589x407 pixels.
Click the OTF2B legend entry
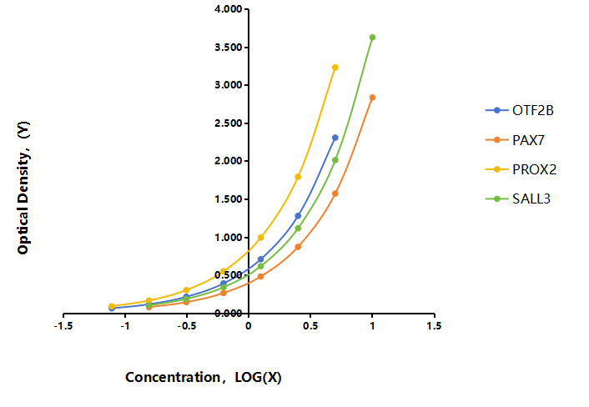tap(520, 110)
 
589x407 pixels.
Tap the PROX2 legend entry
tap(521, 169)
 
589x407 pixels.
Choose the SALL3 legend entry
tap(518, 198)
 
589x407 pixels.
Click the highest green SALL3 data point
tap(372, 38)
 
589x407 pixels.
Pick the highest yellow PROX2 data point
tap(335, 68)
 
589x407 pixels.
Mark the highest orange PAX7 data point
tap(372, 98)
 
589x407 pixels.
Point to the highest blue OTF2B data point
tap(335, 138)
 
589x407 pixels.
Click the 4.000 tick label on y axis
tap(229, 9)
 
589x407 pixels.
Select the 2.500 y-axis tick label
tap(229, 123)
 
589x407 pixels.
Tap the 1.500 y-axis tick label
tap(229, 199)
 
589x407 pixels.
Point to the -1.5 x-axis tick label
tap(63, 326)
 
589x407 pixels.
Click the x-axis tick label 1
tap(372, 326)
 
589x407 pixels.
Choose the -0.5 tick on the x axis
tap(187, 326)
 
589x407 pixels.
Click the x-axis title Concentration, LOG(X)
tap(204, 377)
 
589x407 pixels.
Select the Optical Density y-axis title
tap(23, 188)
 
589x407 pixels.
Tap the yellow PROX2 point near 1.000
tap(260, 238)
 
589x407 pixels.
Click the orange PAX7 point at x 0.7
tap(335, 193)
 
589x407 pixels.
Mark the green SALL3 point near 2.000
tap(335, 160)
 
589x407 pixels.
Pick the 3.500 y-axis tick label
tap(229, 48)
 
